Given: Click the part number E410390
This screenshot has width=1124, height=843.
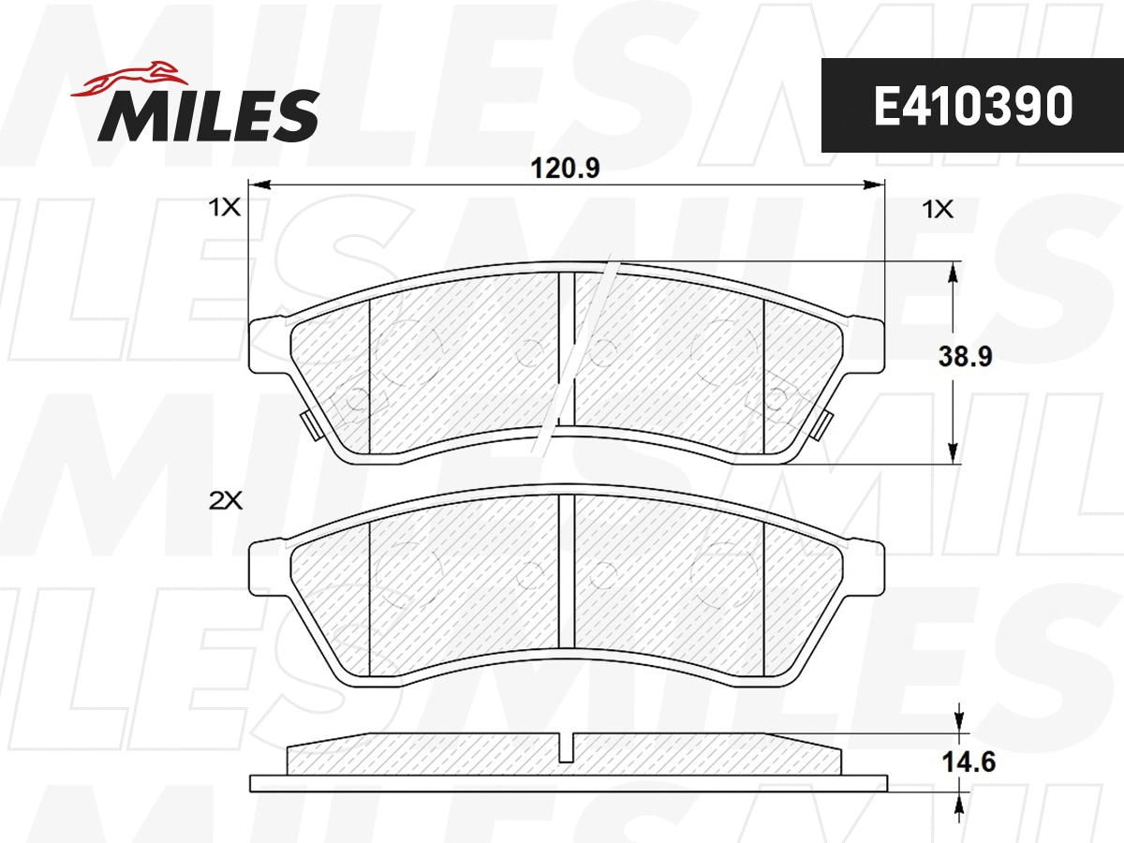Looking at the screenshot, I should coord(971,107).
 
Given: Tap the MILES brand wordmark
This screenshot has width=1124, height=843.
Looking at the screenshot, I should coord(208,116).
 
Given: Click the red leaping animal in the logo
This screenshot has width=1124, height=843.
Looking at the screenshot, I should coord(130,79).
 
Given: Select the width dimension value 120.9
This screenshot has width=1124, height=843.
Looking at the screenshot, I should coord(565,169).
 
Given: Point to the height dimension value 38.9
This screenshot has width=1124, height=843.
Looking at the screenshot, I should coord(965,357).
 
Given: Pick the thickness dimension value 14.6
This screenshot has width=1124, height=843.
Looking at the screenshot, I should coord(965,762).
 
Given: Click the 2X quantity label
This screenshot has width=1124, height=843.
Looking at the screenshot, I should coord(226,501).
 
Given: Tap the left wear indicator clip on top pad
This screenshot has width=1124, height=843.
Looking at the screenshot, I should coord(308,425).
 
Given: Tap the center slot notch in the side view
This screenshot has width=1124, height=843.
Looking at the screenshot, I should coord(566,747).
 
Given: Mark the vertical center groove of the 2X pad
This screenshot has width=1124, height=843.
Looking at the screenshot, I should coord(566,571).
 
